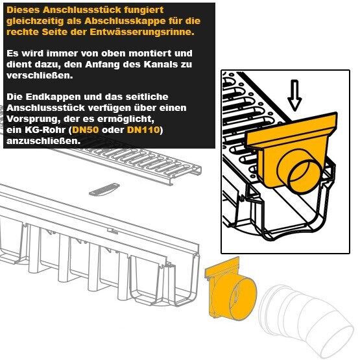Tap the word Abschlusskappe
click(125, 21)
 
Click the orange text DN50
click(86, 130)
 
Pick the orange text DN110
click(143, 130)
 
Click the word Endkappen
click(53, 97)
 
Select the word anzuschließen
click(43, 141)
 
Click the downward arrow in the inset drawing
click(294, 95)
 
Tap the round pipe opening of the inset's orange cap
click(304, 178)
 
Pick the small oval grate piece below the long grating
click(104, 189)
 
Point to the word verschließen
click(40, 75)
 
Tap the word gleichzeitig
click(35, 21)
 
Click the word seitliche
click(147, 97)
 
